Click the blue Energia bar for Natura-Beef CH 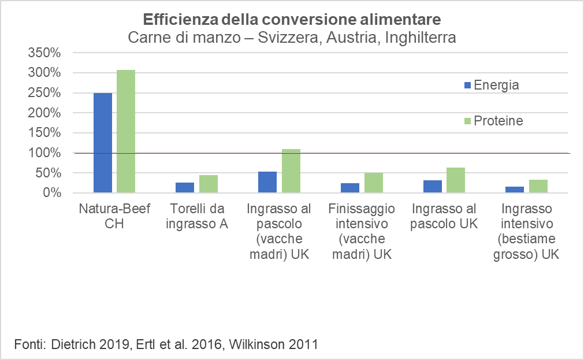102,143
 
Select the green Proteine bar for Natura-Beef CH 126,131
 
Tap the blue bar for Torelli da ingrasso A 185,187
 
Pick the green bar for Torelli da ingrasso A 209,184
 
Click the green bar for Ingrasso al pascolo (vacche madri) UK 291,170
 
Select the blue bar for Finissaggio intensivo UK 350,188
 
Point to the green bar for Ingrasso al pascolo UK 456,180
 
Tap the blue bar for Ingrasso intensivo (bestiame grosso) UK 515,190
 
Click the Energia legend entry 492,85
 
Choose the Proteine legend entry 494,121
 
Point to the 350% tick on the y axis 44,53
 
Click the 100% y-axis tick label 44,153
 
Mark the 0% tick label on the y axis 52,192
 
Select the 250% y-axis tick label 44,93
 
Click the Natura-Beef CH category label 114,216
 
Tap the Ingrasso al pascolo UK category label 444,216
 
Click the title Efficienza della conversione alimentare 292,20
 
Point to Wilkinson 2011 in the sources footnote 273,344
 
